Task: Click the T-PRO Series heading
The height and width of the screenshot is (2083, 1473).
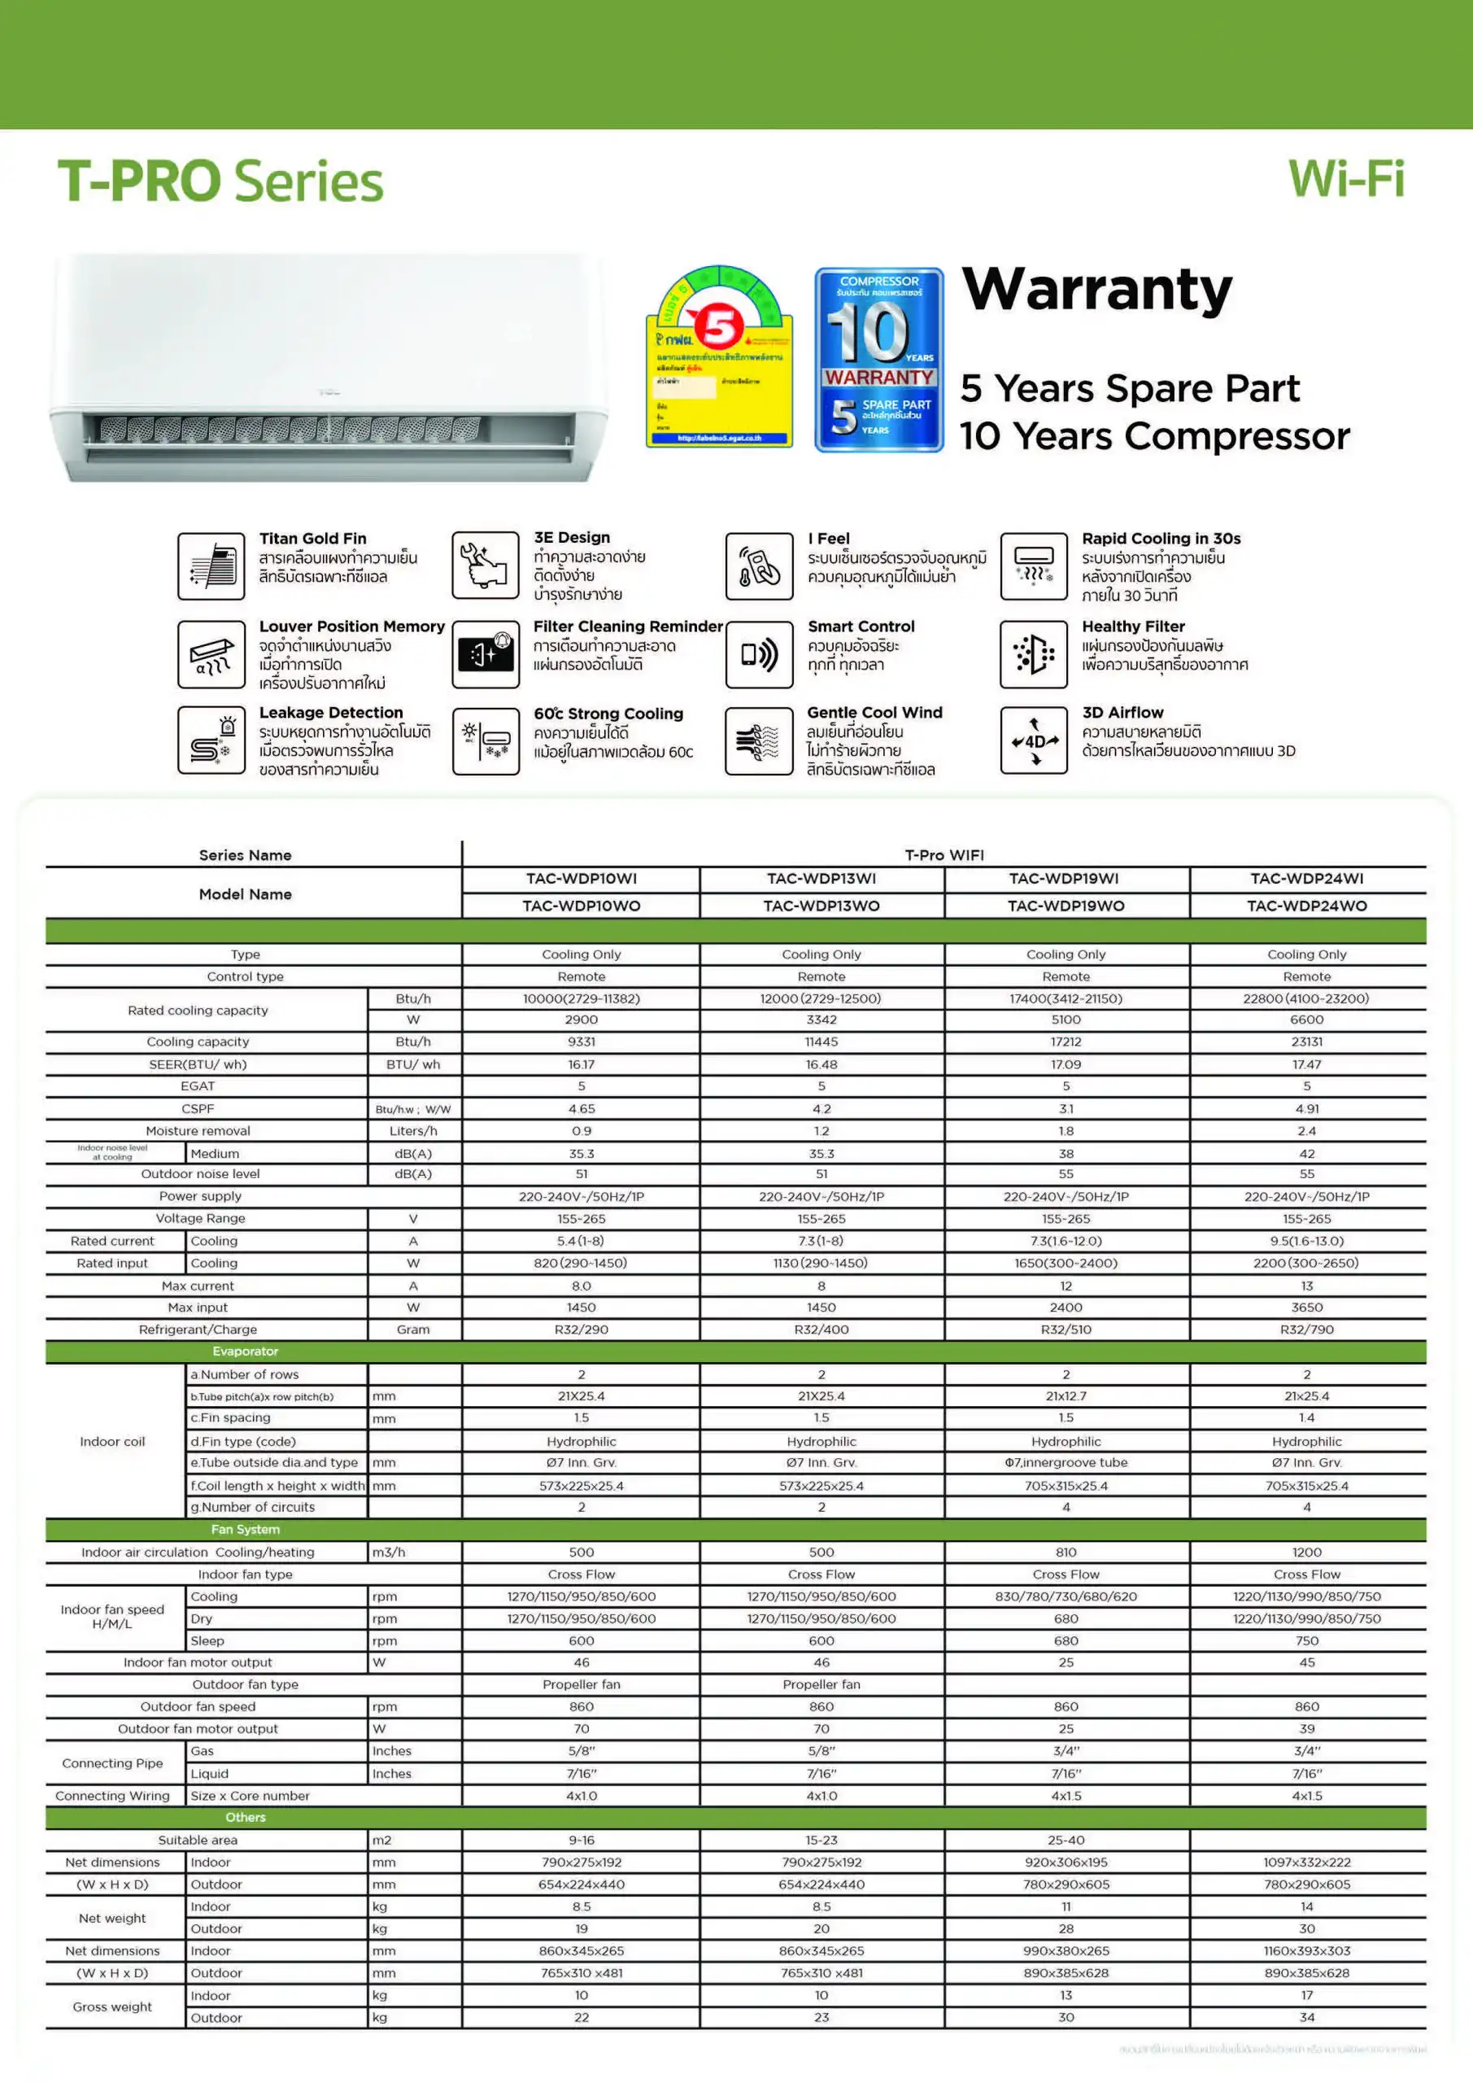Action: tap(220, 181)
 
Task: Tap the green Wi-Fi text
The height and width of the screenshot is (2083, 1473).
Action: tap(1346, 179)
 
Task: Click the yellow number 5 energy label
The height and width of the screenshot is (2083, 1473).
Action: tap(719, 357)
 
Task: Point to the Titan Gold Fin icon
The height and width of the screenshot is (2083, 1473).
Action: tap(211, 566)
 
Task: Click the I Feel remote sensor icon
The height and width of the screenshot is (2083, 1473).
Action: tap(759, 566)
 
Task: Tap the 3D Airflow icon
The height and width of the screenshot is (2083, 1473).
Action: tap(1033, 740)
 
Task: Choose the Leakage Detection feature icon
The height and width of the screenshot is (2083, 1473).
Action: tap(211, 740)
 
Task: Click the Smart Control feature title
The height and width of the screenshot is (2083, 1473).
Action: tap(861, 626)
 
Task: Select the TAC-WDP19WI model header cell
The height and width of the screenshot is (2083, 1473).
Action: tap(1065, 878)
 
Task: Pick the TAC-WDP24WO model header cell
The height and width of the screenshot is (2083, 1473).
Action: tap(1306, 906)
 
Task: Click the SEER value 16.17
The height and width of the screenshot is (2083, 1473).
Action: tap(582, 1064)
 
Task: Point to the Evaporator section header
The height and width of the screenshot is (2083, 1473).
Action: tap(245, 1351)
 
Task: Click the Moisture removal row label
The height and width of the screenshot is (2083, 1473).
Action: tap(198, 1130)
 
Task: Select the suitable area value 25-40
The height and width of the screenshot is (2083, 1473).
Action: tap(1066, 1840)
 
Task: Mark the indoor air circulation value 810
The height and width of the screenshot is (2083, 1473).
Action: tap(1066, 1552)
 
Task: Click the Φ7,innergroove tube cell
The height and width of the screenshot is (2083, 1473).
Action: tap(1066, 1462)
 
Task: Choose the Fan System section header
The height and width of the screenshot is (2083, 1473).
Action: tap(245, 1530)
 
